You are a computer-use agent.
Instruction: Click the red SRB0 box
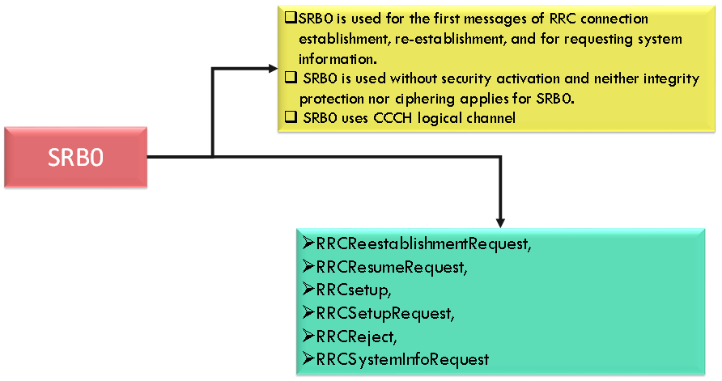click(x=75, y=157)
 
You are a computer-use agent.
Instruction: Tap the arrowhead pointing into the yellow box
click(x=271, y=69)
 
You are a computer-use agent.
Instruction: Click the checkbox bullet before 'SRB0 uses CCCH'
click(x=291, y=118)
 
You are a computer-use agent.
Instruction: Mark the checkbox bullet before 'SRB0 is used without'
click(x=291, y=78)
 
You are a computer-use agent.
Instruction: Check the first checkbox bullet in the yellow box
click(x=291, y=18)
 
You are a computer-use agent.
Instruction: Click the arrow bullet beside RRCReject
click(x=308, y=333)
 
